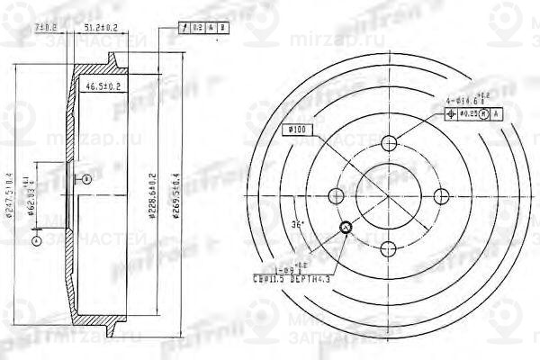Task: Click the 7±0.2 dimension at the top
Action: pyautogui.click(x=69, y=29)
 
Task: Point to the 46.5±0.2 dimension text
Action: pyautogui.click(x=103, y=86)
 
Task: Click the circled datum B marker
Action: pyautogui.click(x=86, y=180)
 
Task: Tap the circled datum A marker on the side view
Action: pyautogui.click(x=36, y=240)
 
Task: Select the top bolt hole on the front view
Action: pyautogui.click(x=390, y=143)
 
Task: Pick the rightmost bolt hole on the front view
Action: pyautogui.click(x=442, y=196)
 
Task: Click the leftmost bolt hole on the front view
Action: pyautogui.click(x=337, y=196)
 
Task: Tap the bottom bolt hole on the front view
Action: pyautogui.click(x=390, y=248)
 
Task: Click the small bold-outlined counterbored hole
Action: pyautogui.click(x=347, y=227)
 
